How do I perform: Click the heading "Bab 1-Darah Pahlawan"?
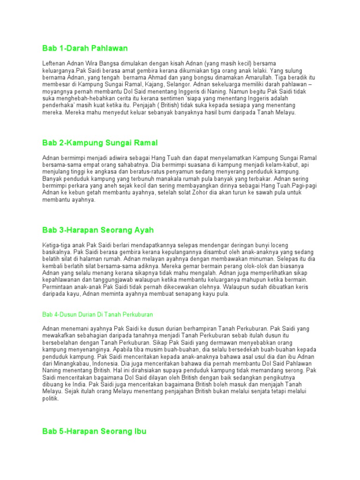[x=85, y=48]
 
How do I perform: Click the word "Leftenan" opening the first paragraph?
[x=54, y=63]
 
